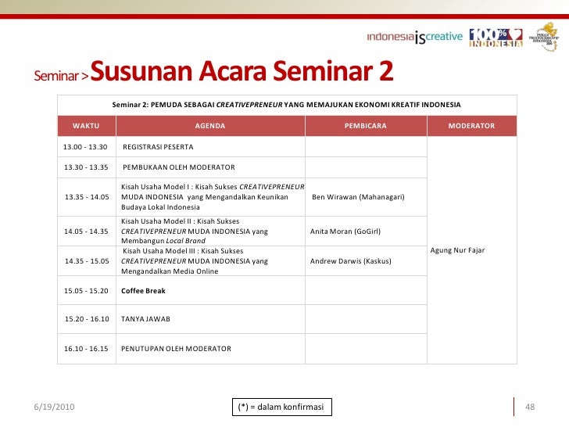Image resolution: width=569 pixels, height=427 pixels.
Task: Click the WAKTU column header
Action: tap(86, 126)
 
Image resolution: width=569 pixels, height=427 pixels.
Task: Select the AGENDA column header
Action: tap(210, 126)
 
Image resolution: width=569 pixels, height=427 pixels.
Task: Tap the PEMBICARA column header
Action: tap(365, 126)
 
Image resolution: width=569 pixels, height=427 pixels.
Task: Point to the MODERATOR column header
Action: tap(471, 126)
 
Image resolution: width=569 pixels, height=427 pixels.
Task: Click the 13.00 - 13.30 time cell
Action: tap(86, 147)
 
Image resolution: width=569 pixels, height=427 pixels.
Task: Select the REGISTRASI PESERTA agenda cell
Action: tap(158, 147)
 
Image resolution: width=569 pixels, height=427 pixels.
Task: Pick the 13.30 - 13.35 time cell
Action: tap(86, 167)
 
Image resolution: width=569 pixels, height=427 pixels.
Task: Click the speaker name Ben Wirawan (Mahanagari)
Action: tap(358, 196)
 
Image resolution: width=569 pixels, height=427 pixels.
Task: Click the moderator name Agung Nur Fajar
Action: tap(458, 249)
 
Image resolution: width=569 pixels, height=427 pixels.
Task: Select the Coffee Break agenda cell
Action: tap(143, 290)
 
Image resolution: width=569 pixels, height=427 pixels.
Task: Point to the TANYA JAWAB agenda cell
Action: tap(145, 319)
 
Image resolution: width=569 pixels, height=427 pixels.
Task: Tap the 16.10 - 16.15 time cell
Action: tap(86, 348)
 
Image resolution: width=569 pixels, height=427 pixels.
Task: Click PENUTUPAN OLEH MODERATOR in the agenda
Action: tap(176, 348)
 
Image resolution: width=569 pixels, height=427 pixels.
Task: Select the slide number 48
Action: tap(529, 407)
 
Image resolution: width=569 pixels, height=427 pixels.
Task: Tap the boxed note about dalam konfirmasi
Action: tap(282, 407)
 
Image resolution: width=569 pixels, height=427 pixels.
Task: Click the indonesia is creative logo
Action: tap(414, 37)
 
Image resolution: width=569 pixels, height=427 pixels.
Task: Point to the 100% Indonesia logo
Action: tap(496, 37)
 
